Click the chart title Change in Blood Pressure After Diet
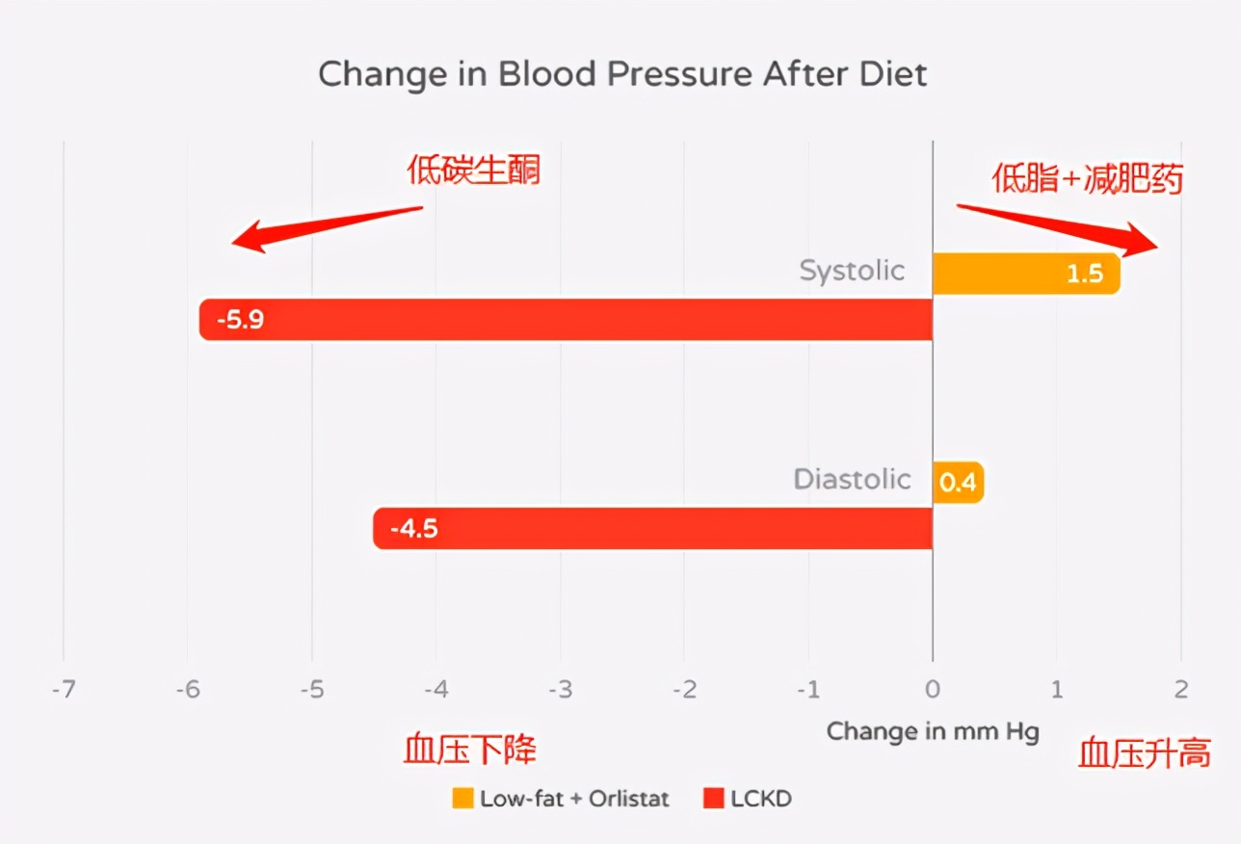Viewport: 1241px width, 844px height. click(622, 74)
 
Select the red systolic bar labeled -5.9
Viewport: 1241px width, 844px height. click(566, 320)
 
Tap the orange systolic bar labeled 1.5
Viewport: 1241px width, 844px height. click(1025, 274)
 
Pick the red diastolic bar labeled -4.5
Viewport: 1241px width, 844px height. click(652, 529)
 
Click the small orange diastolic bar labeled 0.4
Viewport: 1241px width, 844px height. click(958, 482)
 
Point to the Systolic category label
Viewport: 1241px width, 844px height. click(852, 271)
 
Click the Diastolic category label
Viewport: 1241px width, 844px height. click(852, 479)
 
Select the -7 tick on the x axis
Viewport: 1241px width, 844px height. click(64, 690)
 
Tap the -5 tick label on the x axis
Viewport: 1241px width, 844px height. click(312, 690)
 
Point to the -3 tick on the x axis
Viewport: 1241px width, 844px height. click(560, 690)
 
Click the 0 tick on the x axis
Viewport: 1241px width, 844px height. click(932, 690)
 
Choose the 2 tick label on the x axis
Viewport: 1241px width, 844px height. click(1180, 690)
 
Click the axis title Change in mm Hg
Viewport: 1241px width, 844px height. click(933, 731)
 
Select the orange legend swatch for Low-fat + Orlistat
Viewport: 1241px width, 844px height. click(462, 799)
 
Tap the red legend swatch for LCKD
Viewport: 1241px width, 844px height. click(713, 799)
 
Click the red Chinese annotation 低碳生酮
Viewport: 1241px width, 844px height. click(473, 171)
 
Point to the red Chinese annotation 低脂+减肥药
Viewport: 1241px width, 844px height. click(1087, 179)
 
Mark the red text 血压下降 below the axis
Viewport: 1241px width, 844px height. click(469, 751)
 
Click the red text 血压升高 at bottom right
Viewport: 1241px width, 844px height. click(1144, 753)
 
